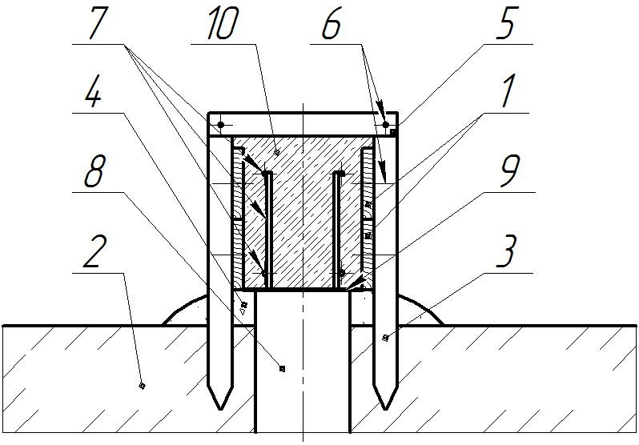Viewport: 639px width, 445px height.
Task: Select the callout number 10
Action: click(x=222, y=26)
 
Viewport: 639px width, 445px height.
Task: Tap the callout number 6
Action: click(x=330, y=26)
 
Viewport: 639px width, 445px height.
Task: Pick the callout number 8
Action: click(x=94, y=175)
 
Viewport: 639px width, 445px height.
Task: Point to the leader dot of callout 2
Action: click(x=142, y=386)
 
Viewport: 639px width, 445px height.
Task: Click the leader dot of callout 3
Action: click(x=385, y=338)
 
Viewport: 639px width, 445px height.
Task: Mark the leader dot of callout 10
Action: click(x=277, y=151)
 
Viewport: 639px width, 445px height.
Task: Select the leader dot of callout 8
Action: click(x=282, y=368)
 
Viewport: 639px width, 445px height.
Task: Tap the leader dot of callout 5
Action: click(x=393, y=131)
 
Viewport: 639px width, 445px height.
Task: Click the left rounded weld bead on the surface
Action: click(x=188, y=311)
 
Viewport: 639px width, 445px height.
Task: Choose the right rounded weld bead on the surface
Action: click(x=417, y=311)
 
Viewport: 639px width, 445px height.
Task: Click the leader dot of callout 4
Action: click(x=245, y=304)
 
